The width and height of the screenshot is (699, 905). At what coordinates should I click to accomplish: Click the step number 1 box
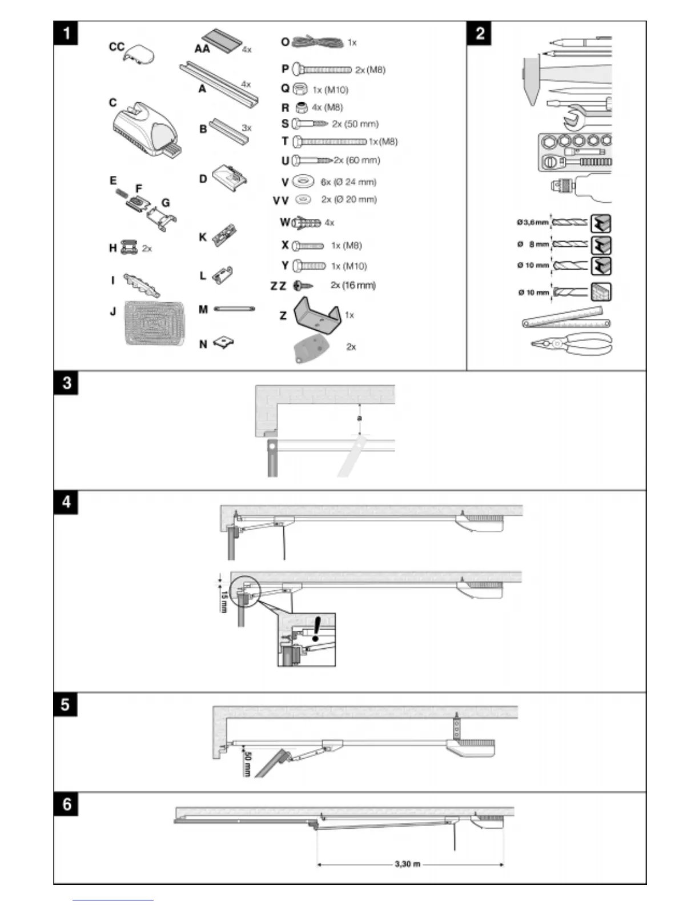67,33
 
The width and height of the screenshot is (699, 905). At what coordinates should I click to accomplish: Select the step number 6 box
67,804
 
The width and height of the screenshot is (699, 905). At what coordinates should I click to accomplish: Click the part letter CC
116,46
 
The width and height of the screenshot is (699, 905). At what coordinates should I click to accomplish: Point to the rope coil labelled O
318,42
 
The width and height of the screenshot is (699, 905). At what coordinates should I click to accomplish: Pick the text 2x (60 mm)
356,160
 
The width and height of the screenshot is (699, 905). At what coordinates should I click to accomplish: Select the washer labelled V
303,182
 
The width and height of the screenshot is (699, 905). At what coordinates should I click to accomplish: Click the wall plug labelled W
307,222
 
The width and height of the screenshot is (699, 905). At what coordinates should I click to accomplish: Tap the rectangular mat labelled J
155,323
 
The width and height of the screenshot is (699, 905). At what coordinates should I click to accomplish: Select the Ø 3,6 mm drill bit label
532,222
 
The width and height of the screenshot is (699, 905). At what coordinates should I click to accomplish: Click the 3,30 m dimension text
407,864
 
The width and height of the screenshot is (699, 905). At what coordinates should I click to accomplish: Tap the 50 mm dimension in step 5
247,763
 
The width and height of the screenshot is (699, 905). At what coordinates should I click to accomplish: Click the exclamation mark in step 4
316,628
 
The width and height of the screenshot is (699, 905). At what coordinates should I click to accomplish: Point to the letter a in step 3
359,418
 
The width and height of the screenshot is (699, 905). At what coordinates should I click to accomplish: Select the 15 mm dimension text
224,602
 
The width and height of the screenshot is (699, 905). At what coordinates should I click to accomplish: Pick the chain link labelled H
130,248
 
